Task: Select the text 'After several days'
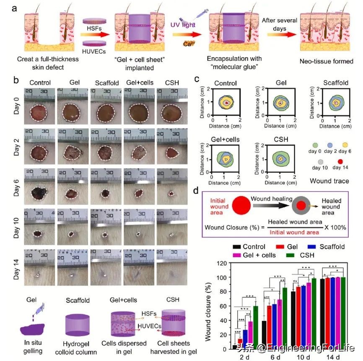[x=280, y=24]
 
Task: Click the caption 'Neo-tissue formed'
[x=326, y=61]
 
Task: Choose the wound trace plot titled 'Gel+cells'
[x=225, y=159]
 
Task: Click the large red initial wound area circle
[x=239, y=206]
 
